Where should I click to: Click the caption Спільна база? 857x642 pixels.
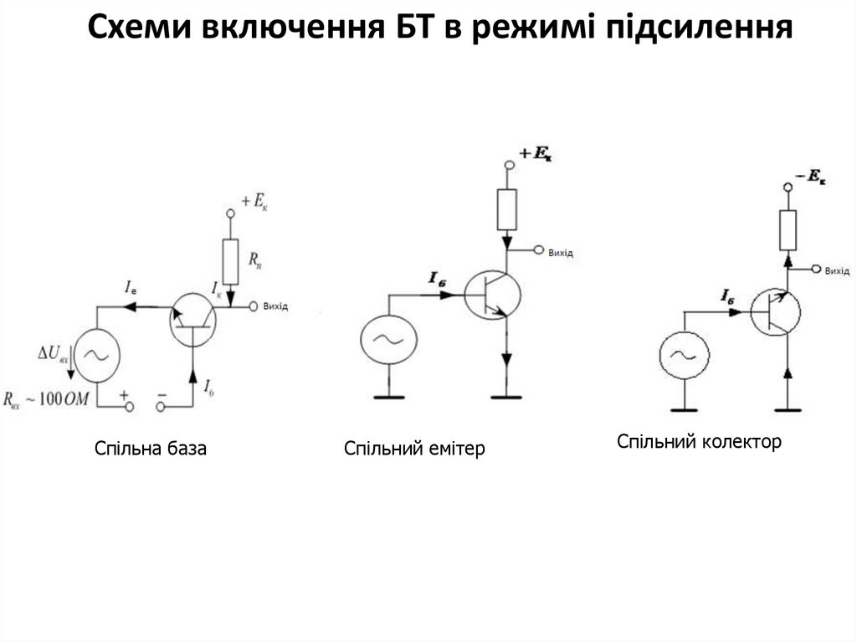pos(151,449)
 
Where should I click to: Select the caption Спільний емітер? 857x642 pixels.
pos(414,449)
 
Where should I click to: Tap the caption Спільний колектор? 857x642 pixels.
pos(699,441)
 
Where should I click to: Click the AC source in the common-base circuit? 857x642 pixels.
pos(97,355)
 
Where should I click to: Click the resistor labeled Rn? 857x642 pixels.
pos(231,259)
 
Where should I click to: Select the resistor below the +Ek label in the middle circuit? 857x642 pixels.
pos(507,208)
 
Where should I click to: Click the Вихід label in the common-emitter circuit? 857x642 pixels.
pos(562,252)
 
